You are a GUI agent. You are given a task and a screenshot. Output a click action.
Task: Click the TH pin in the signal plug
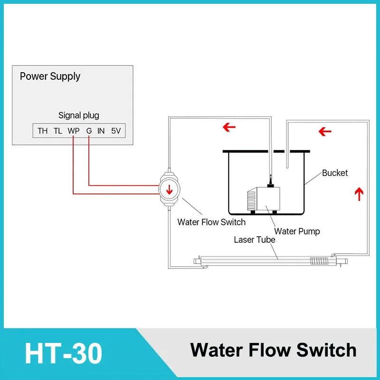[x=43, y=131]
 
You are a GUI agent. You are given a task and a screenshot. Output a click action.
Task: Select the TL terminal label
[x=58, y=131]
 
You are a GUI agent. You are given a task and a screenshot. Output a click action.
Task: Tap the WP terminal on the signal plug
[x=73, y=131]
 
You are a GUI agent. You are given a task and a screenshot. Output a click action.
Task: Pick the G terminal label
[x=89, y=131]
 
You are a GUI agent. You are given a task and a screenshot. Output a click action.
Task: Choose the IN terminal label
[x=101, y=131]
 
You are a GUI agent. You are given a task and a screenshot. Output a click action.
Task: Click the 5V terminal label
[x=116, y=131]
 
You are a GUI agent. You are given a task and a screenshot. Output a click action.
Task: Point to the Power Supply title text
[x=50, y=76]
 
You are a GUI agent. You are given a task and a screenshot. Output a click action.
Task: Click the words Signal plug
[x=78, y=115]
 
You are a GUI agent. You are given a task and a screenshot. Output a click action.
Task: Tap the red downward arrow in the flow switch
[x=169, y=190]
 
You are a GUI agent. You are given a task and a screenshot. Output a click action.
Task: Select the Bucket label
[x=335, y=173]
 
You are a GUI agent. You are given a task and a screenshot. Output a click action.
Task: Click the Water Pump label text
[x=297, y=231]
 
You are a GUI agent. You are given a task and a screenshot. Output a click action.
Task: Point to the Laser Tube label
[x=255, y=240]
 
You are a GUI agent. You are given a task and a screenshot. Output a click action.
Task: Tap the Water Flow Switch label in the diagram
[x=211, y=222]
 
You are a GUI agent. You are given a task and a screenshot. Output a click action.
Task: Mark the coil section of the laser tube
[x=319, y=261]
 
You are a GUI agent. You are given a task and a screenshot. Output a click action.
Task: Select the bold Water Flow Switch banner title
[x=273, y=350]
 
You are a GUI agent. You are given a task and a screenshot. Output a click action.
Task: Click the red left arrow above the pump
[x=229, y=127]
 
